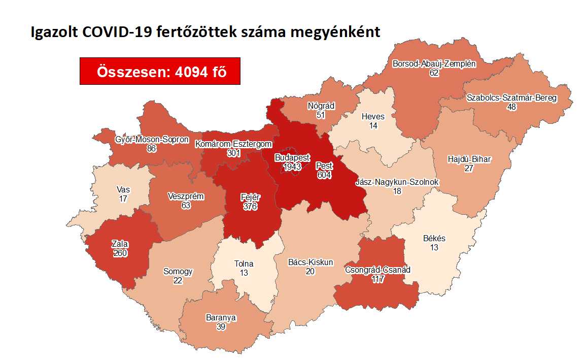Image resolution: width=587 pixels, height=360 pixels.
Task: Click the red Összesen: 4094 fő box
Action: point(160,71)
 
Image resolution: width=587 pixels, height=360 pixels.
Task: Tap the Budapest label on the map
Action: point(292,158)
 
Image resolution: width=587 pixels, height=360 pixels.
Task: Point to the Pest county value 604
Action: point(324,175)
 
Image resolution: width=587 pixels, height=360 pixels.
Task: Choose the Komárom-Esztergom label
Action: point(233,144)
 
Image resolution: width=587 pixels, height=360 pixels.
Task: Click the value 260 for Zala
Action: point(120,253)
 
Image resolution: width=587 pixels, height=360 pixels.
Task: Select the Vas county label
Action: point(123,190)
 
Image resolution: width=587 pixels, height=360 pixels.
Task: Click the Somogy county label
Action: point(178,271)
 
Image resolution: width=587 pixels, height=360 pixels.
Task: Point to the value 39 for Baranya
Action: point(221,328)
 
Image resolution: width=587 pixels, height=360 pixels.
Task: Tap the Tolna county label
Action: point(244,264)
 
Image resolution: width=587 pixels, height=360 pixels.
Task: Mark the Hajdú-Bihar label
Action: point(469,159)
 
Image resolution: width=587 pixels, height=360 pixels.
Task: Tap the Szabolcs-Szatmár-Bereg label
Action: point(512,98)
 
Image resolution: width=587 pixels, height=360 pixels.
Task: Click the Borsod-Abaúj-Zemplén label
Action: point(434,64)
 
